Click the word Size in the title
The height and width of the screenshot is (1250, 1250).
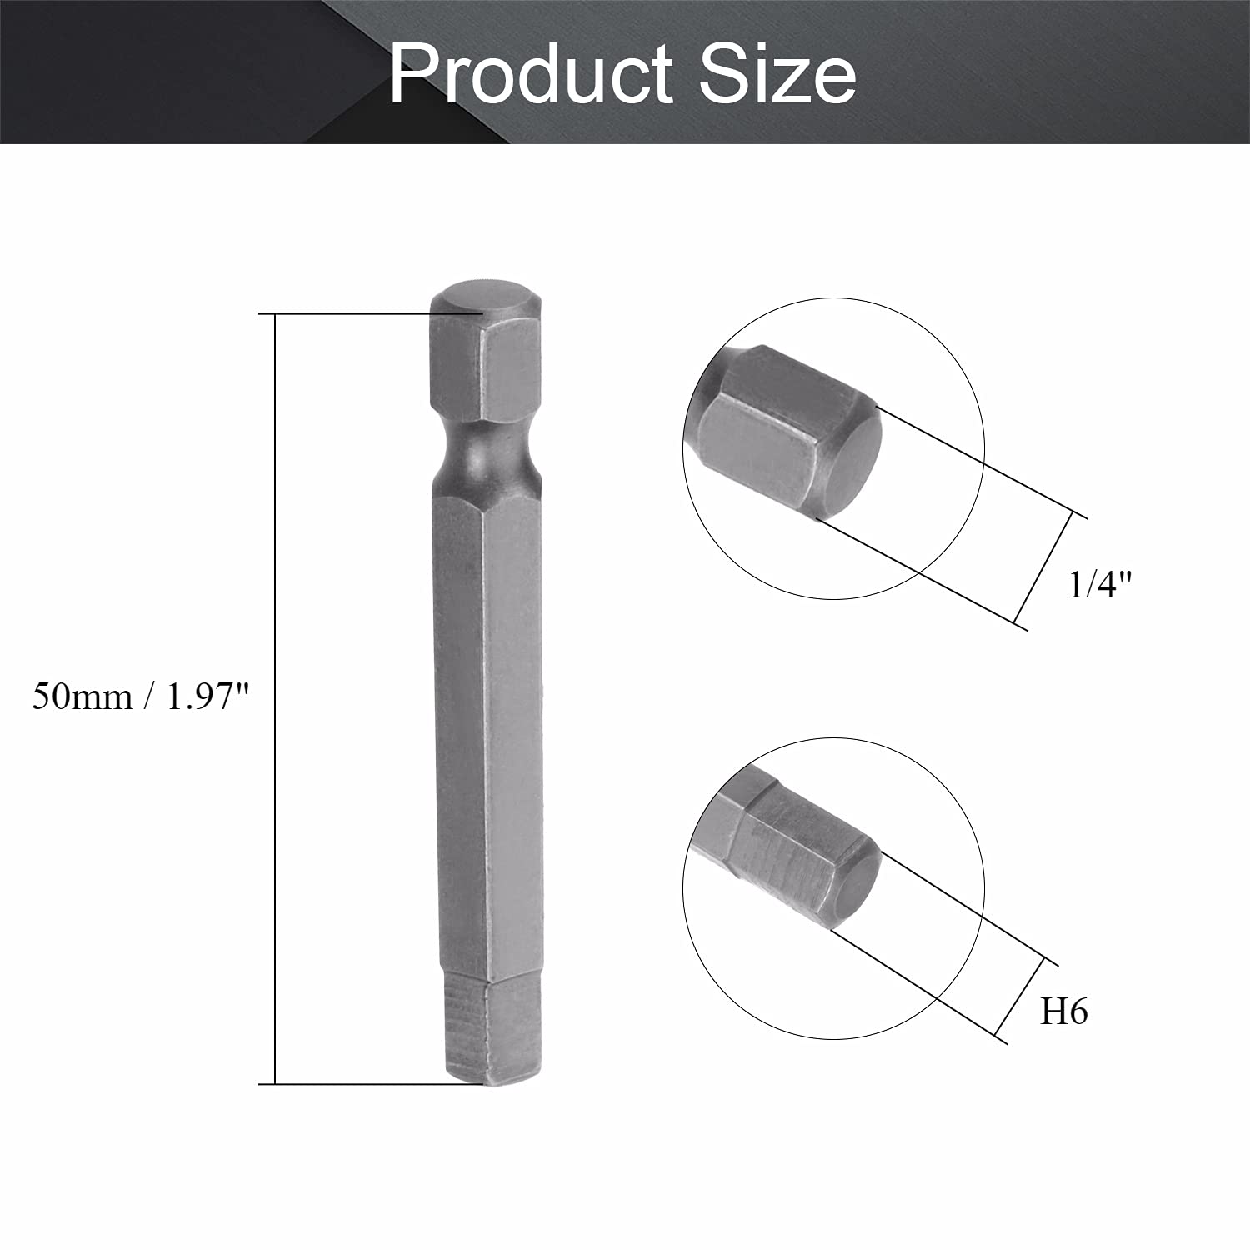pos(777,75)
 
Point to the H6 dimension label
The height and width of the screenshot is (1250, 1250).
pos(1063,1012)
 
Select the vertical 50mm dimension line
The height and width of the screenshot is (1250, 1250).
pos(274,699)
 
